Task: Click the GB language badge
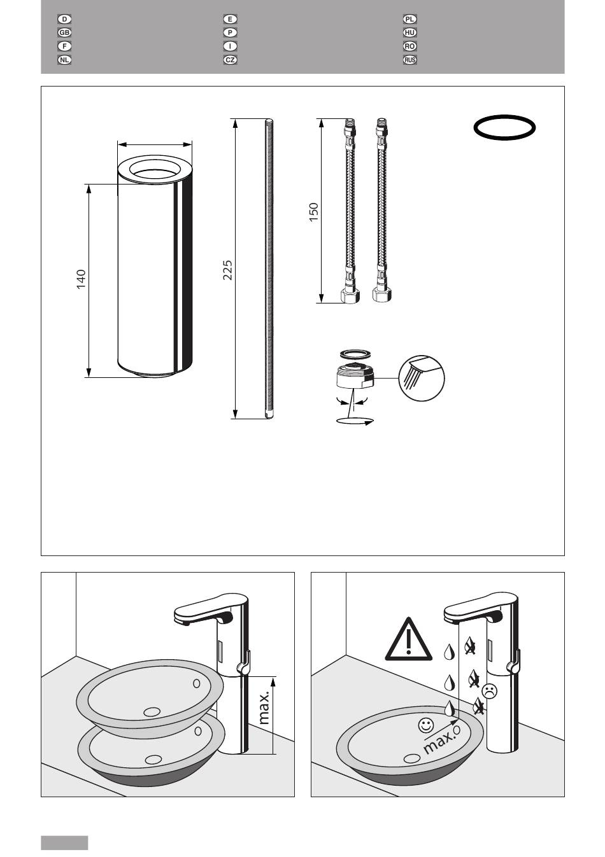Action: point(64,32)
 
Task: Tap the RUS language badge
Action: point(409,60)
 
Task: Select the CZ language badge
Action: point(230,60)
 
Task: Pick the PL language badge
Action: point(409,19)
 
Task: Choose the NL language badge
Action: point(64,60)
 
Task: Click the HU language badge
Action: point(409,32)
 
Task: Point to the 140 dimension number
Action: point(81,279)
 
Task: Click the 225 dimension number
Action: point(227,270)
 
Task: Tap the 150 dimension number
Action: point(313,212)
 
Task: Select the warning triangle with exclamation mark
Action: point(409,639)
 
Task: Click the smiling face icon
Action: point(425,724)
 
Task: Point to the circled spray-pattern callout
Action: point(422,378)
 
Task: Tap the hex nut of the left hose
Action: point(350,295)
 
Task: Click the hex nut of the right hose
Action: point(381,295)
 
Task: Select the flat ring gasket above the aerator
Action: point(356,354)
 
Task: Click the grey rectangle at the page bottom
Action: point(64,843)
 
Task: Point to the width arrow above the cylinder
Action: point(154,144)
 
